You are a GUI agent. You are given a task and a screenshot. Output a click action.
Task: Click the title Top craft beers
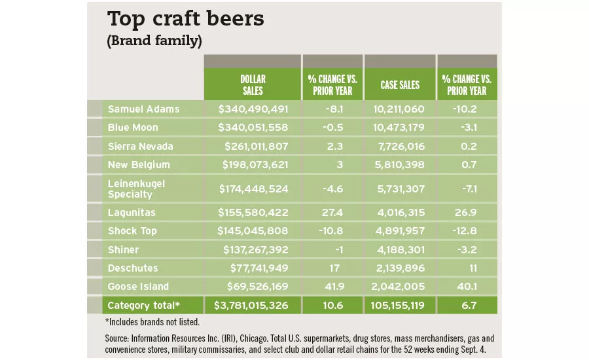point(185,19)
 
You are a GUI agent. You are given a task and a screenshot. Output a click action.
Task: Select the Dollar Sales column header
point(253,84)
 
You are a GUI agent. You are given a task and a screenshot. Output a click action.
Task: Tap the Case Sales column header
point(400,85)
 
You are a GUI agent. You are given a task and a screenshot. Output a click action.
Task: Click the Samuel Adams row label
point(143,109)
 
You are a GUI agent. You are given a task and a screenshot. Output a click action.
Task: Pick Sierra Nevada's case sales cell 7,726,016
point(399,145)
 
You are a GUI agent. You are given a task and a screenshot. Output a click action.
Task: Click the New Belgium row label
point(139,164)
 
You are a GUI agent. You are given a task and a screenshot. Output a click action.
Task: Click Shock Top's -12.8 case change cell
point(467,230)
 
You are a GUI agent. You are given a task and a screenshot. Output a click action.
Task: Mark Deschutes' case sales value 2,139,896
point(399,268)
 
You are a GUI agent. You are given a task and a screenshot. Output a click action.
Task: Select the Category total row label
point(143,305)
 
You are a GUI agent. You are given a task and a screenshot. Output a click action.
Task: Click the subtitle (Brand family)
point(154,41)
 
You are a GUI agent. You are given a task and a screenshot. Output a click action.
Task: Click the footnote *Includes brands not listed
point(152,321)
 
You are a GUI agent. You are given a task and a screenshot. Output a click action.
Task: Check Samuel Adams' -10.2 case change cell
point(467,109)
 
